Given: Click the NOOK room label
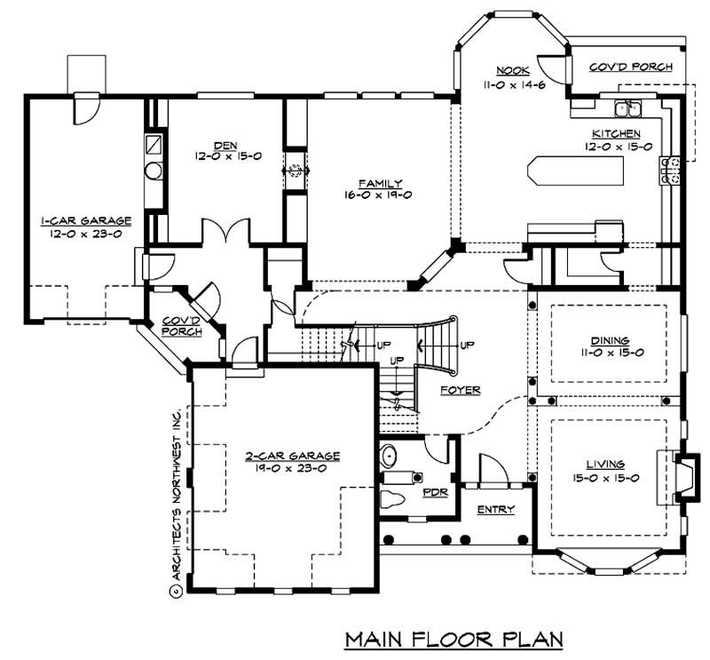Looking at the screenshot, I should pyautogui.click(x=512, y=70).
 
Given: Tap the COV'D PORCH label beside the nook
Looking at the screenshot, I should pyautogui.click(x=631, y=68).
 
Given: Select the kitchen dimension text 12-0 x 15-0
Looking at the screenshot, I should pyautogui.click(x=619, y=147).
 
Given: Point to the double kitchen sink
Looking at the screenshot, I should pyautogui.click(x=630, y=108).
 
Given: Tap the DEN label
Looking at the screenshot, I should pyautogui.click(x=223, y=145).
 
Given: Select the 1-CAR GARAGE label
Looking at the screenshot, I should pyautogui.click(x=85, y=220).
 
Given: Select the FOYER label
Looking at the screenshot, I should pyautogui.click(x=460, y=390).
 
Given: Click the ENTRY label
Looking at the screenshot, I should pyautogui.click(x=495, y=509).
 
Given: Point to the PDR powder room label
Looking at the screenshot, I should pyautogui.click(x=435, y=490).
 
